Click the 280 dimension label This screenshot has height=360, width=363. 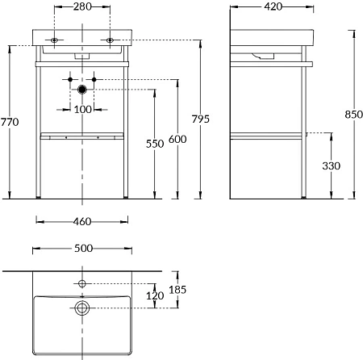click(x=82, y=6)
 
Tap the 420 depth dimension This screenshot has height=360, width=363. click(x=273, y=6)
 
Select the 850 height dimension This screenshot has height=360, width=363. click(x=354, y=115)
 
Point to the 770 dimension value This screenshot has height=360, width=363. click(x=10, y=122)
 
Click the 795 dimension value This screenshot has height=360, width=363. click(x=201, y=119)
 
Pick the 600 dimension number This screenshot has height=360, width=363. click(x=177, y=139)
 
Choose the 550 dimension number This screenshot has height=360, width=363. click(x=155, y=144)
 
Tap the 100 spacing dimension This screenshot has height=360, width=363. click(x=82, y=110)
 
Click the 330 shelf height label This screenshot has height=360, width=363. click(x=332, y=165)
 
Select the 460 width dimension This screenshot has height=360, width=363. click(x=82, y=221)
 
